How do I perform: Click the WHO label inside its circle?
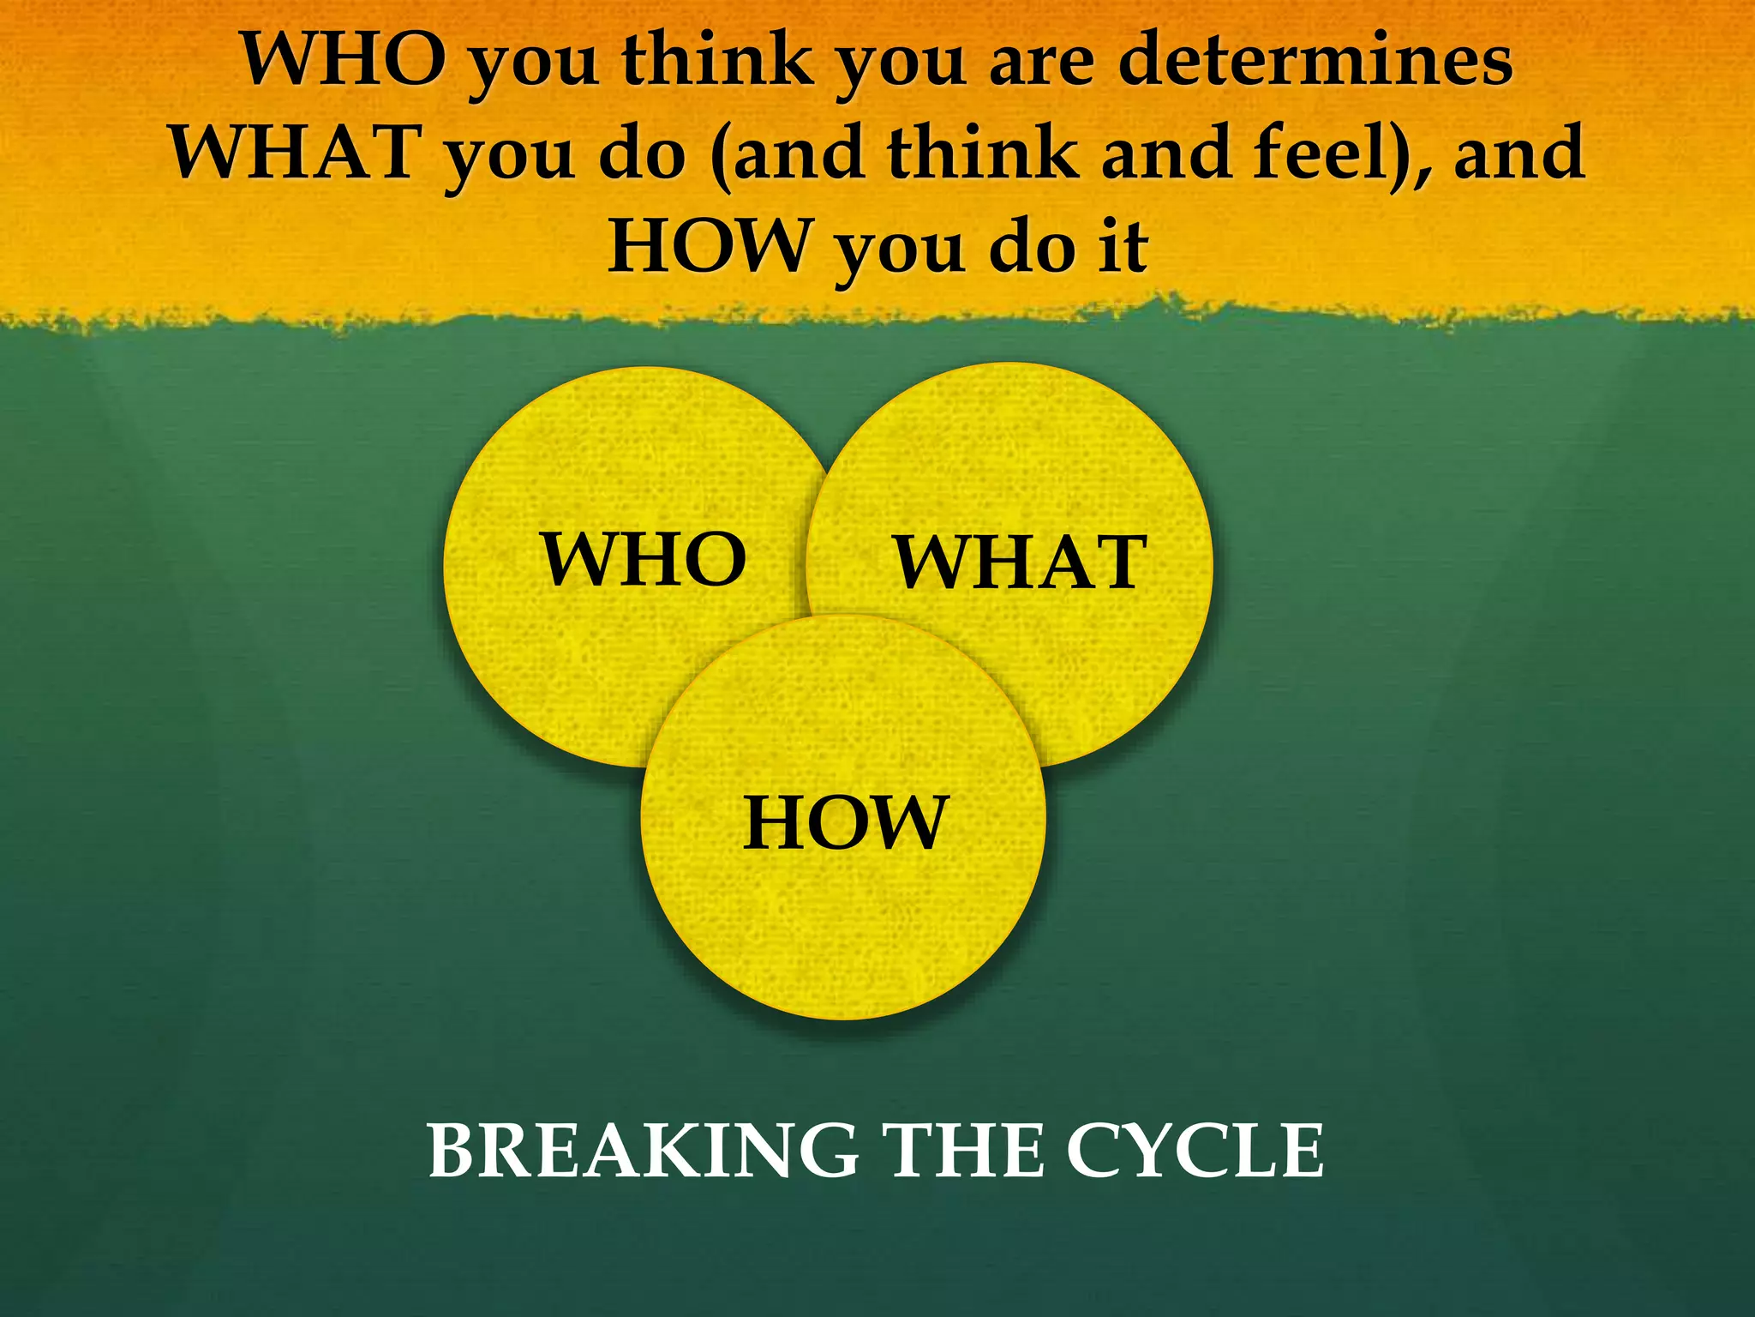644,559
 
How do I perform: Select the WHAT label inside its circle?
1020,562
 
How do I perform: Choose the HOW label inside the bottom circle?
846,822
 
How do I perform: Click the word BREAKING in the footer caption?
643,1152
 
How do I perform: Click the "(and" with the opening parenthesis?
788,152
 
